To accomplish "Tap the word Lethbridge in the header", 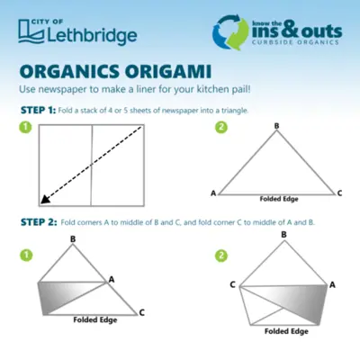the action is coord(92,36).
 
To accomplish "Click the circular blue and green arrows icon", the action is coord(230,32).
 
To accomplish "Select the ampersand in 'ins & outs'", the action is coord(289,30).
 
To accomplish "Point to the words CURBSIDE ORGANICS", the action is coord(295,42).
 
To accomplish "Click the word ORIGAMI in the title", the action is coord(168,72).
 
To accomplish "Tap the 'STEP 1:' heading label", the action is coord(38,111).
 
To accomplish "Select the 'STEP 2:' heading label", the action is coord(39,222).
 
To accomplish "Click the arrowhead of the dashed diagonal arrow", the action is coord(44,200).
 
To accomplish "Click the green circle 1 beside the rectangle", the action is coord(25,127).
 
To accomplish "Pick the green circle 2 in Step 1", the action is coord(221,127).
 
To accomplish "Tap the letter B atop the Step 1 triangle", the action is coord(276,126).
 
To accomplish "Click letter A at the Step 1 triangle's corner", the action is coord(213,193).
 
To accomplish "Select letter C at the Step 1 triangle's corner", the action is coord(339,193).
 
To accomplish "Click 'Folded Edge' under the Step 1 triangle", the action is coord(279,199).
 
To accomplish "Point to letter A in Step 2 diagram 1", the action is coord(112,280).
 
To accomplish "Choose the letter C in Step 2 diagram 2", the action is coord(232,284).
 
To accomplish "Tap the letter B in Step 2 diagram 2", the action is coord(283,235).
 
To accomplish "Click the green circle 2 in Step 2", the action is coord(221,256).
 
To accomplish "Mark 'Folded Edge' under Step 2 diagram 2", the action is coord(286,331).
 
